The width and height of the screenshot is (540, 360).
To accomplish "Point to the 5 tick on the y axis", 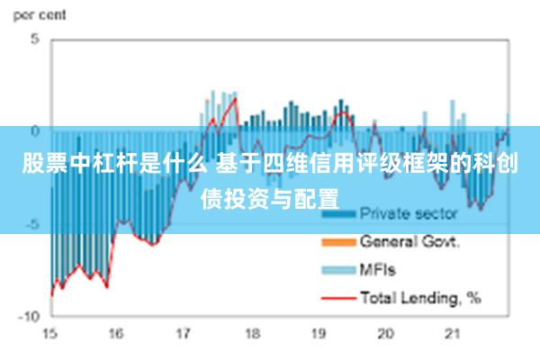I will tap(35, 40).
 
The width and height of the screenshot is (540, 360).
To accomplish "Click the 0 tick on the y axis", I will tap(35, 131).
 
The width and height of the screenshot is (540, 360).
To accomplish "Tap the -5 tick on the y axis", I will tap(32, 224).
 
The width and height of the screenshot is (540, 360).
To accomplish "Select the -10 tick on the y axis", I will tap(30, 316).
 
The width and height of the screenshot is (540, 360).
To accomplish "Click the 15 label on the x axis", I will tap(49, 334).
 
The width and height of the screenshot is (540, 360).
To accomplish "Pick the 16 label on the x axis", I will tap(116, 334).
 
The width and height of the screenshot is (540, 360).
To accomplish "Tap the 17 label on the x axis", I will tap(184, 334).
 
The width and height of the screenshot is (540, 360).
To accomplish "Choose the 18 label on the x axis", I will tap(251, 334).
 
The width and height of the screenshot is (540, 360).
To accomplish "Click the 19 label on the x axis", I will tap(319, 334).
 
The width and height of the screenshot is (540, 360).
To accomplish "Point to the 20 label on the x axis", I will tap(386, 334).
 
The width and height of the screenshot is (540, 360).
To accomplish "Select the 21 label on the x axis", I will tap(453, 334).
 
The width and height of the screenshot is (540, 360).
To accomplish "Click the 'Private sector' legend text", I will tap(409, 215).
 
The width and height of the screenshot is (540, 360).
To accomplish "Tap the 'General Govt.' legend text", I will tap(410, 242).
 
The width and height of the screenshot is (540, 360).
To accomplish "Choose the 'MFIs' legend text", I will tap(379, 269).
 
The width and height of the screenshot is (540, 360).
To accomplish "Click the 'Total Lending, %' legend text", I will tap(420, 296).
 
